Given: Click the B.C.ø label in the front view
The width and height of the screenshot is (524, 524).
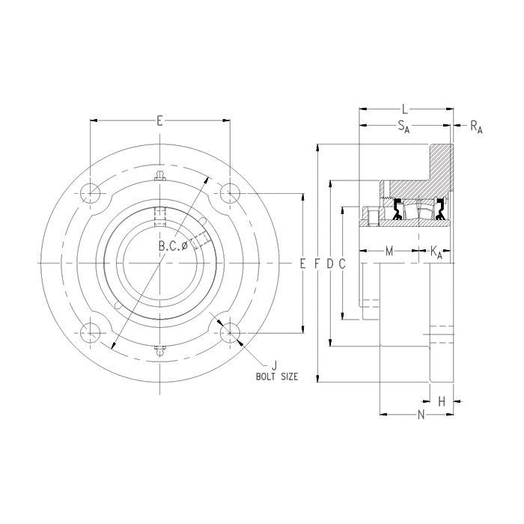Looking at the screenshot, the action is [173, 246].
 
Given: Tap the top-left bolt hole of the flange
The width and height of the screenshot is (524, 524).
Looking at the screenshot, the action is [91, 193].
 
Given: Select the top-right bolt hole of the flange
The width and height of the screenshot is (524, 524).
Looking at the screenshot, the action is [230, 193].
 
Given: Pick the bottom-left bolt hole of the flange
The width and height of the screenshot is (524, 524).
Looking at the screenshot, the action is [91, 333].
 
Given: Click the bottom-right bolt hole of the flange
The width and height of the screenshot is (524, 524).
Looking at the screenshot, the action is [230, 333].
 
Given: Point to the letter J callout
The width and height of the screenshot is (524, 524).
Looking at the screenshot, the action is [275, 365].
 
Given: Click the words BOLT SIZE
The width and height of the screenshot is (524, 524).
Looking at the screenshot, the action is [277, 377].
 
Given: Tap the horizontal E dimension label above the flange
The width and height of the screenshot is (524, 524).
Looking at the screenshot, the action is [159, 121].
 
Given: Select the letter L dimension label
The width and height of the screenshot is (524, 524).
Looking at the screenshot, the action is [405, 109].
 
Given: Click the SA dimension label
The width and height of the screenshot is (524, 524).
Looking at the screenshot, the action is [403, 127].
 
